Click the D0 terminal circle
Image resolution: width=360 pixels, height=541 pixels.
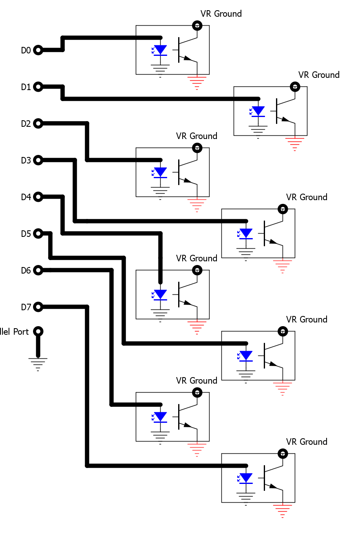[38, 50]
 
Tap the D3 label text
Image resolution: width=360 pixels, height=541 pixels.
[26, 160]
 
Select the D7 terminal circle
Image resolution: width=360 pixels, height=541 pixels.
[38, 307]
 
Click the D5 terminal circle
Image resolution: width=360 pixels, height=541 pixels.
[38, 234]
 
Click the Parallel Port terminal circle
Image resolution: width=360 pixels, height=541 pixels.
[38, 331]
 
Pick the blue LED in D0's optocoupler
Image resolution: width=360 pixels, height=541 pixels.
[160, 50]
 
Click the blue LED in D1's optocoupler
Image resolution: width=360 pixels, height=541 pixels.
[258, 111]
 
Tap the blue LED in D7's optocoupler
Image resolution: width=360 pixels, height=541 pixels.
[246, 478]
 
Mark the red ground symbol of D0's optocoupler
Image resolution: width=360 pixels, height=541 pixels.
[197, 82]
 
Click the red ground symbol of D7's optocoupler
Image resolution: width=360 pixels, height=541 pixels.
[283, 510]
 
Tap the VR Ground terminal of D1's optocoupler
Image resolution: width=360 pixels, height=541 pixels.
[295, 87]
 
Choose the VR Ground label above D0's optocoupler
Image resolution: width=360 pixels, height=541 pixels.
[221, 14]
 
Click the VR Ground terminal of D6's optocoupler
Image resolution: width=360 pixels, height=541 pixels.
[197, 393]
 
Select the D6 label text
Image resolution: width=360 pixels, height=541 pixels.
[26, 270]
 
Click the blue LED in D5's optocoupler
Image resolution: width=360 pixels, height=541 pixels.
[246, 356]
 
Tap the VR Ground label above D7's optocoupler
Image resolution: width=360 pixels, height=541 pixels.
[307, 442]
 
